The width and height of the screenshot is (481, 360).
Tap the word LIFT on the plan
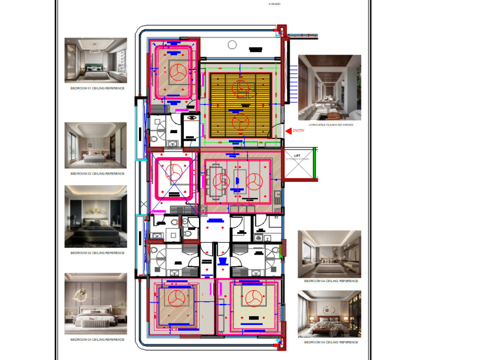[297, 156]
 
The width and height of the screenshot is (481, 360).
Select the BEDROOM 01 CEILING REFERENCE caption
[98, 88]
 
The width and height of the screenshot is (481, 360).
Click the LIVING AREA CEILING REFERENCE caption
[330, 125]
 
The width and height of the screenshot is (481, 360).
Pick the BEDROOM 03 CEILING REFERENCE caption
[97, 340]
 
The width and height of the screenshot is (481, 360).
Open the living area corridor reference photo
[329, 87]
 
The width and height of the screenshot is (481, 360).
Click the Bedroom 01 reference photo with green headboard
[96, 61]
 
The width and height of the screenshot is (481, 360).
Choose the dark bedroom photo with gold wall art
[96, 217]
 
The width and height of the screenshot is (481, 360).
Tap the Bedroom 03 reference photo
[96, 304]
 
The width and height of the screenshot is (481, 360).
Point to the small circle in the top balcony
[232, 45]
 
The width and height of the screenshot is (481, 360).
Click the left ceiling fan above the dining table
[221, 182]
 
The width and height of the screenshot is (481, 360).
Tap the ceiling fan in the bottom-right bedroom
[253, 298]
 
